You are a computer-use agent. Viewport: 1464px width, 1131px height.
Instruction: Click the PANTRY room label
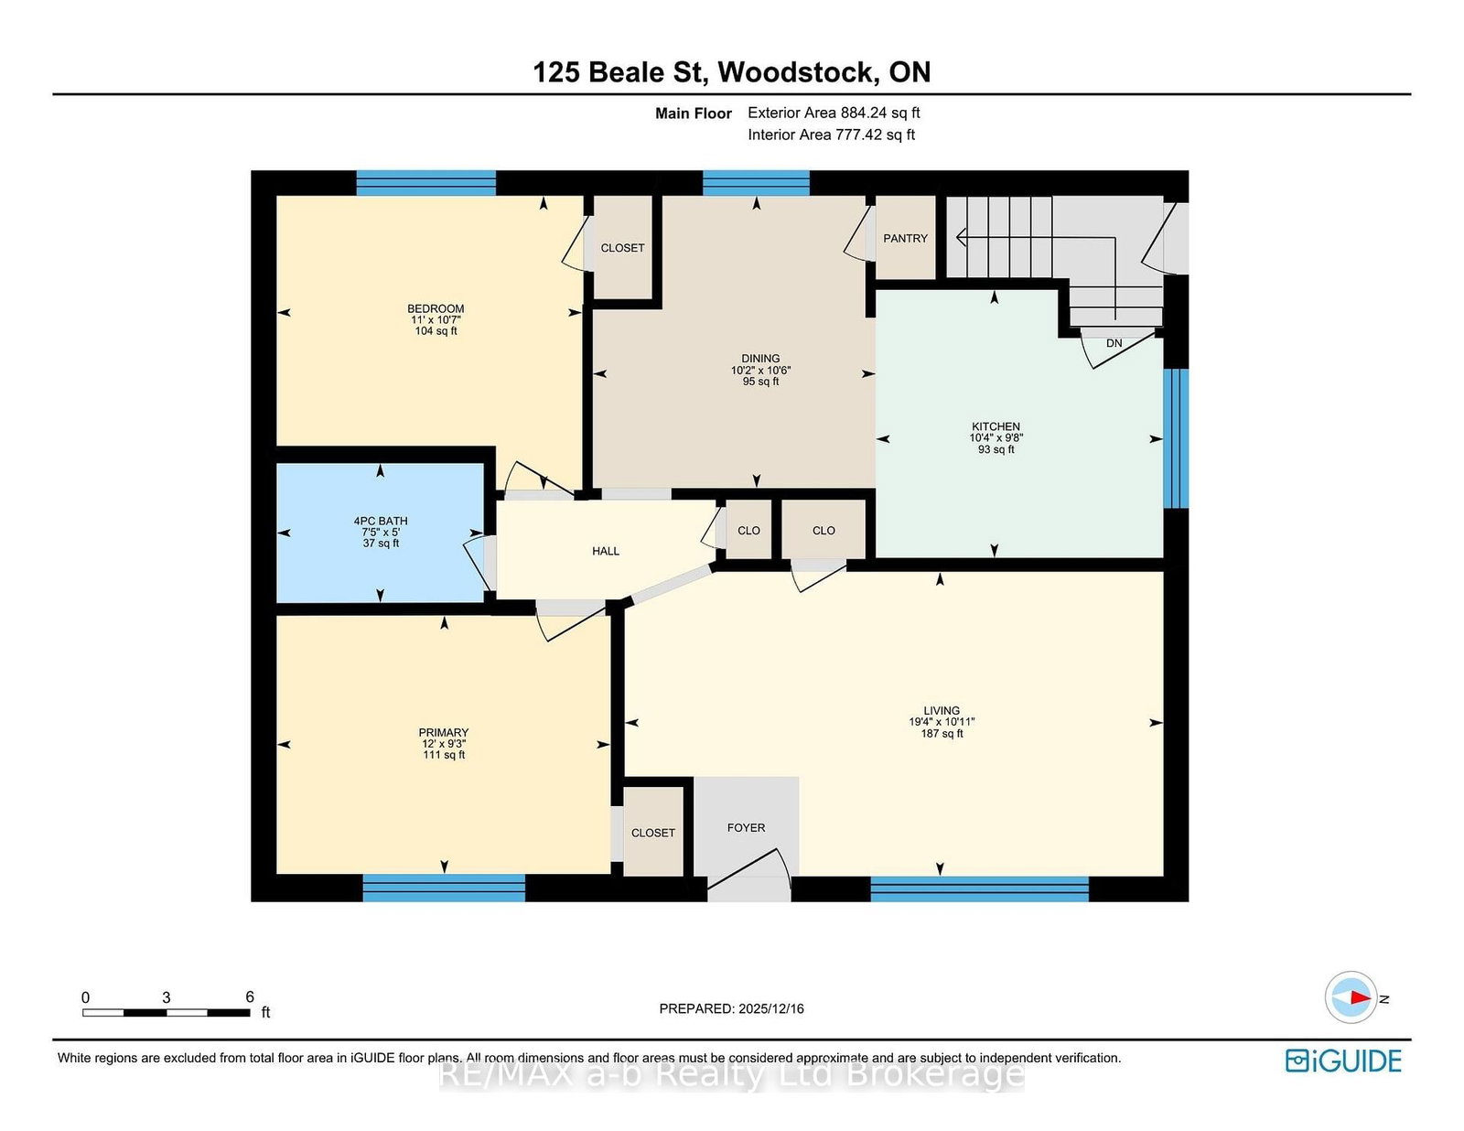[905, 239]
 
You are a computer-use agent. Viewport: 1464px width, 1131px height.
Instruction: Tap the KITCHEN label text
[996, 426]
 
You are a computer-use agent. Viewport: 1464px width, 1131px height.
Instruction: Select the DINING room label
[760, 359]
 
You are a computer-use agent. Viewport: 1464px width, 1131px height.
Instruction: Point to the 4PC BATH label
[381, 521]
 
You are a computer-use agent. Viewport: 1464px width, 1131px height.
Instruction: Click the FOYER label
[746, 828]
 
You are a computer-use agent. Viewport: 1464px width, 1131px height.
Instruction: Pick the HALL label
[606, 551]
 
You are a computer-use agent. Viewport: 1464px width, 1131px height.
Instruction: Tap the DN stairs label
[1114, 343]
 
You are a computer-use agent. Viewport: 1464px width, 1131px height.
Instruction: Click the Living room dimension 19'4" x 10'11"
[942, 721]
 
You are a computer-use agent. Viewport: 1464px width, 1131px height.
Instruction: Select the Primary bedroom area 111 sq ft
[443, 754]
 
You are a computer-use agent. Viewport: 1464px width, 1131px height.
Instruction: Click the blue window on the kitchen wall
[1176, 438]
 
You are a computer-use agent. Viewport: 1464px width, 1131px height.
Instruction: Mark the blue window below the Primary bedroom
[443, 888]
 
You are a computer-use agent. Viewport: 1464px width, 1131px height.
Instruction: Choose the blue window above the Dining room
[756, 182]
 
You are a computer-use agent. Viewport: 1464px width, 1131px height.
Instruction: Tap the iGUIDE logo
[1343, 1061]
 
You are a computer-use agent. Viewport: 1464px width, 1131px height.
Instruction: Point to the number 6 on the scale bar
[249, 997]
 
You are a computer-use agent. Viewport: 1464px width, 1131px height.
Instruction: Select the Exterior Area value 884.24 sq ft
[880, 113]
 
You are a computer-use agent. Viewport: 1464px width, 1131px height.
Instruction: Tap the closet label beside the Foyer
[652, 834]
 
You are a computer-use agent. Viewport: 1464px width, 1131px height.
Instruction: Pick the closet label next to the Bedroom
[622, 248]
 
